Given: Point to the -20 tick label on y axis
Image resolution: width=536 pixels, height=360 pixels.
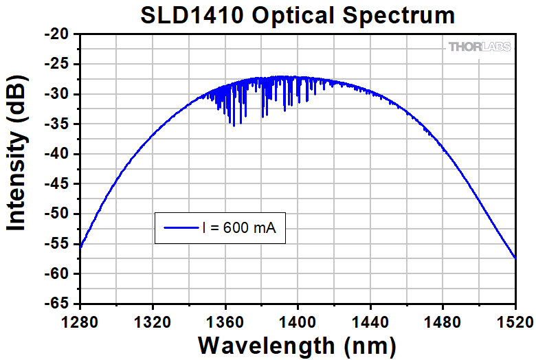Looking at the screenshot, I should (x=58, y=34).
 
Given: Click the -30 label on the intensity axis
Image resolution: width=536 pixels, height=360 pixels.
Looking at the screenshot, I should (x=58, y=94).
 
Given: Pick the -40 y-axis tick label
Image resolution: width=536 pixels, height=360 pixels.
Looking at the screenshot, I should (x=58, y=154).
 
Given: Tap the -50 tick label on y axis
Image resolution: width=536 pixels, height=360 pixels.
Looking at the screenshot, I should (x=58, y=214).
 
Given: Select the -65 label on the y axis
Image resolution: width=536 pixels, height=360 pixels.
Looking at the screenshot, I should (x=58, y=304).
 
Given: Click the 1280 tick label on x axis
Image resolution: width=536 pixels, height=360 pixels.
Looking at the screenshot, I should (x=80, y=320).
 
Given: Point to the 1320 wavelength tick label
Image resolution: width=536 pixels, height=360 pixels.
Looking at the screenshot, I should (x=153, y=320).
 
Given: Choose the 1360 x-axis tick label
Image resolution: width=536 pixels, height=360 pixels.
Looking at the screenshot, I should (x=225, y=320).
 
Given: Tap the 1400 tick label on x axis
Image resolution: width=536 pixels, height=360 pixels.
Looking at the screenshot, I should (x=298, y=320).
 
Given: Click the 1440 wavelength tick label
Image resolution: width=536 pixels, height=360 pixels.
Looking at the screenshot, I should (x=370, y=320).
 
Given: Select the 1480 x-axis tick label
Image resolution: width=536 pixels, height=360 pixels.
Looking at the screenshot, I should (x=443, y=320).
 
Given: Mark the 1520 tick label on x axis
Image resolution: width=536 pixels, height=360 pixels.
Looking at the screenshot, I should (x=514, y=320).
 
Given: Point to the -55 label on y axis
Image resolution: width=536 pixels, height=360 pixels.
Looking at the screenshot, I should (x=58, y=244).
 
